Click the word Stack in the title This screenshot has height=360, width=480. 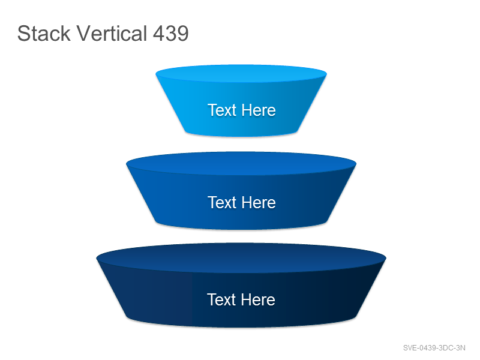tap(44, 33)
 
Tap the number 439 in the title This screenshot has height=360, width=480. tap(171, 34)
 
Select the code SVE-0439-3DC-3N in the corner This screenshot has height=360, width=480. tap(434, 348)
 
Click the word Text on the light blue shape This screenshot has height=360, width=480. tap(222, 110)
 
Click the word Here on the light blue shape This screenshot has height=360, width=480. tap(259, 110)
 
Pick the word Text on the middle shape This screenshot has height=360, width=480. tap(222, 202)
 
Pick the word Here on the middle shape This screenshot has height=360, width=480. tap(259, 202)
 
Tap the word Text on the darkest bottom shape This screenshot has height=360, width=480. tap(221, 299)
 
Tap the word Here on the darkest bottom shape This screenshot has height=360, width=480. tap(258, 299)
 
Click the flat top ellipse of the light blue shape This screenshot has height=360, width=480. tap(241, 73)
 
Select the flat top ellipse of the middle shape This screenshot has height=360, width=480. tap(241, 163)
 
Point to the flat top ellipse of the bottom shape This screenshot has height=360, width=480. tap(241, 258)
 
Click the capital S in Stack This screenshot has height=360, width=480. tap(24, 33)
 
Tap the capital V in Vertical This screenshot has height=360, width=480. tap(84, 33)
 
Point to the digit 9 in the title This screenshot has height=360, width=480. tap(183, 34)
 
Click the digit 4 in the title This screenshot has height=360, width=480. tap(159, 34)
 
